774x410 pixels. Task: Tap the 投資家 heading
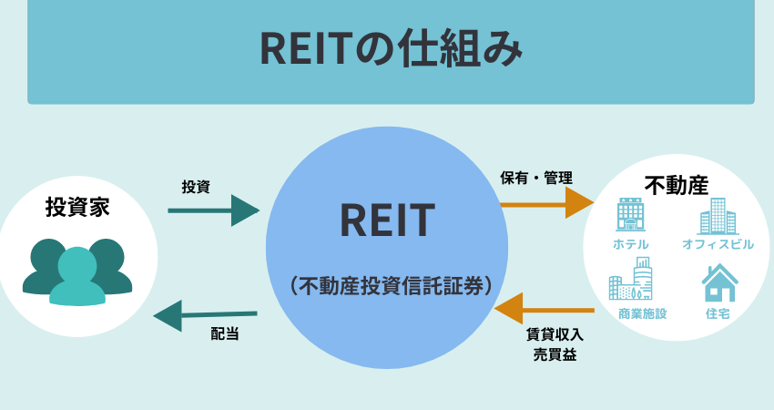coord(77,207)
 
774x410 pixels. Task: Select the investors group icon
coord(77,271)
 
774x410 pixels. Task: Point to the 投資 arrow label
coord(196,187)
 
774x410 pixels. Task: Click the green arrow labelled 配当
coord(206,316)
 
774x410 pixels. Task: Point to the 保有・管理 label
coord(541,176)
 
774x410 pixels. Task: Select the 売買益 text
coord(555,354)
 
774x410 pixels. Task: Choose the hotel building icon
coord(630,216)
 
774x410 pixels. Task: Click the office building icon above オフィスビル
coord(718,217)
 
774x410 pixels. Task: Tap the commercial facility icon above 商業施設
coord(630,280)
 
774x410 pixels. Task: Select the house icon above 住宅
coord(718,282)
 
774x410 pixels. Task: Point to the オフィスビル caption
coord(718,244)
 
